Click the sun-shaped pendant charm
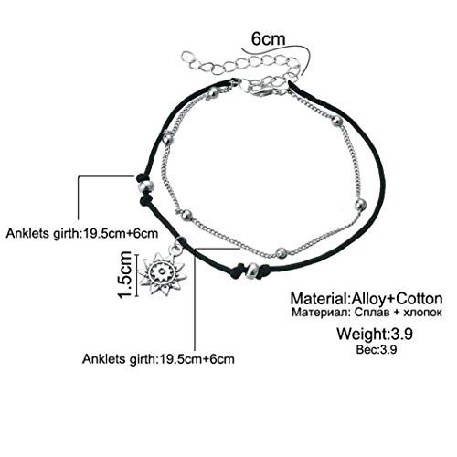tap(163, 274)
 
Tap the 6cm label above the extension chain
tap(268, 39)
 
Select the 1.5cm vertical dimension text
tap(125, 274)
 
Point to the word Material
tap(319, 299)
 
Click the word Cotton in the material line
tap(420, 299)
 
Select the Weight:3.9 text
tap(375, 334)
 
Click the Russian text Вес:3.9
tap(377, 349)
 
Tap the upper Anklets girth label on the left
tap(82, 233)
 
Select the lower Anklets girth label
tap(158, 359)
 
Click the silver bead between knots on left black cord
tap(145, 186)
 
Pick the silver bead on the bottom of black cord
tap(252, 270)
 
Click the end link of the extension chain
tap(186, 58)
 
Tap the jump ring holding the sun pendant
tap(175, 250)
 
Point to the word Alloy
tap(369, 299)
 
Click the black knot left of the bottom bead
tap(238, 271)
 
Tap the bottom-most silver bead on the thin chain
tap(281, 252)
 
